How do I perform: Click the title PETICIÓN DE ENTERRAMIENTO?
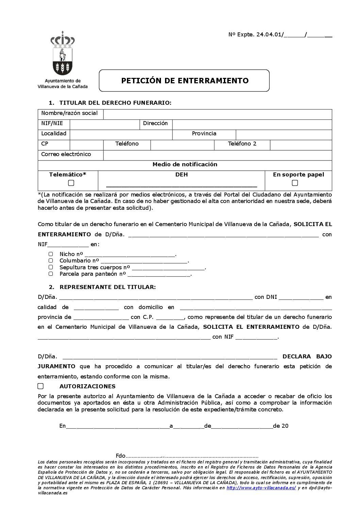coord(185,81)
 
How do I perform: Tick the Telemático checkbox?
coord(71,183)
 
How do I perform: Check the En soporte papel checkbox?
coord(295,183)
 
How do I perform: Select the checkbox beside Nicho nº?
coord(51,254)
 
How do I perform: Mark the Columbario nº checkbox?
coord(51,261)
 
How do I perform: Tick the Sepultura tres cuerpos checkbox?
coord(51,267)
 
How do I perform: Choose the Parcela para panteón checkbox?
coord(51,274)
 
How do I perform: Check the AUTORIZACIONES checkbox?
coord(40,386)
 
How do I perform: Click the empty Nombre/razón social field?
coord(217,114)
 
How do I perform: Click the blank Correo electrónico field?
coord(217,155)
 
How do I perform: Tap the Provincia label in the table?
coord(204,134)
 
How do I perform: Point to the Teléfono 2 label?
coord(242,144)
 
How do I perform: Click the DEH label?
coord(181,175)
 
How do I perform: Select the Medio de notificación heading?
coord(185,165)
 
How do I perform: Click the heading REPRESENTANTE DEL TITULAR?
coord(108,287)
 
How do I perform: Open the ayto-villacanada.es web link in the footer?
coord(261,488)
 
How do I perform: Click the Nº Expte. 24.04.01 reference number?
coord(255,35)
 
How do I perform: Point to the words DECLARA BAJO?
coord(307,357)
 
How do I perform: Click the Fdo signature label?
coord(120,456)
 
